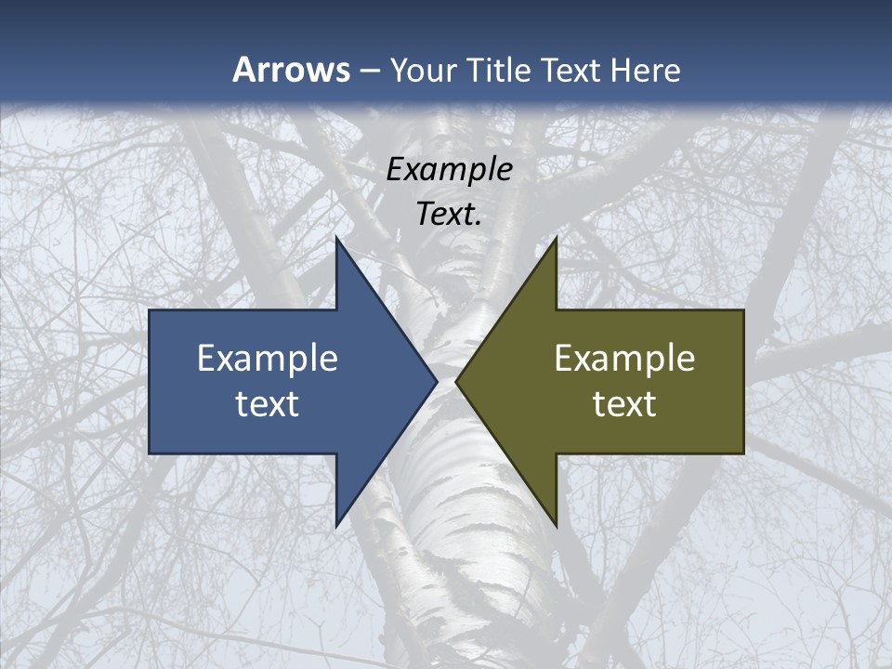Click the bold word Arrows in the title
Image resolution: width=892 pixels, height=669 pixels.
coord(291,70)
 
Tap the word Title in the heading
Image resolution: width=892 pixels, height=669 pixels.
coord(497,70)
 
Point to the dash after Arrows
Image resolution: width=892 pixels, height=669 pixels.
coord(369,71)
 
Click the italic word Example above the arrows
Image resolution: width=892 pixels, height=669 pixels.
coord(450,169)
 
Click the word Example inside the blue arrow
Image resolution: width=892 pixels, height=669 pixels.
coord(268,358)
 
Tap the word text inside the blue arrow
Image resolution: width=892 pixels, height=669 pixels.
coord(268,403)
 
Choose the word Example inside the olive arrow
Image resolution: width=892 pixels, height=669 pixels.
coord(624,358)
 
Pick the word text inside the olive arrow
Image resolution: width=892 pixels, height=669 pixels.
coord(624,403)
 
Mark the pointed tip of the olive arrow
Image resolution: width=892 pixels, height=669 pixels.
coord(457,381)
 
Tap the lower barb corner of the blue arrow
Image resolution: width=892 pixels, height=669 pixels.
coord(337,524)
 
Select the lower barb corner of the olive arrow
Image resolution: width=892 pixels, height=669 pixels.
coord(556,524)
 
